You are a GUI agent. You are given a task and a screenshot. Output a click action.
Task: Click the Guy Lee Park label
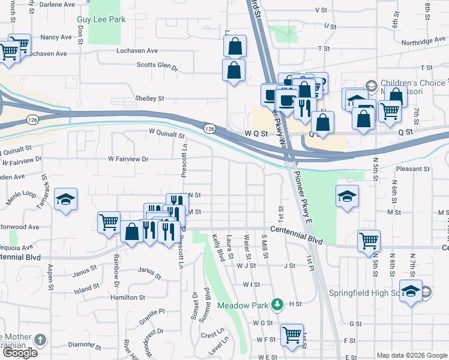tap(101, 19)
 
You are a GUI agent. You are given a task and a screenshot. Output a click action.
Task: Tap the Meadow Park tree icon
tap(276, 304)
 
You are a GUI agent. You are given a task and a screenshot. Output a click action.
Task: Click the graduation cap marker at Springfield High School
tap(411, 292)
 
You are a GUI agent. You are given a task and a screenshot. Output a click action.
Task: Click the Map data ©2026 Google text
tap(412, 355)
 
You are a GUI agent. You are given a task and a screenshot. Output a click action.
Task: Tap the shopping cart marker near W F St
tap(292, 334)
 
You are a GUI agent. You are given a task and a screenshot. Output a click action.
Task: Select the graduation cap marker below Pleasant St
tap(346, 196)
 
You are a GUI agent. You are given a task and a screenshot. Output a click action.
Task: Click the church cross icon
tap(41, 340)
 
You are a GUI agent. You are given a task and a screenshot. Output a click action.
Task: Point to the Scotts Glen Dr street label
tap(158, 66)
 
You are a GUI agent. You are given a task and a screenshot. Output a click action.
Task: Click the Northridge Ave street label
tap(424, 41)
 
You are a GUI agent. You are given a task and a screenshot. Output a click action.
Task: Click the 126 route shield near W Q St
tap(209, 129)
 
